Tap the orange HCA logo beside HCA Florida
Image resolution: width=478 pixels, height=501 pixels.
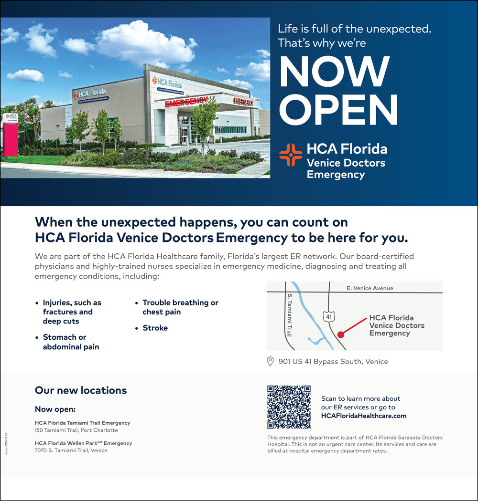tap(291, 155)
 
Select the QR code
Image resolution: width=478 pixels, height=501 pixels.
tap(289, 407)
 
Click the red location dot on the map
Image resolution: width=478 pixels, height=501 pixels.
tap(340, 335)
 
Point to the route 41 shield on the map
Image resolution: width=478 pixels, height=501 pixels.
tap(329, 316)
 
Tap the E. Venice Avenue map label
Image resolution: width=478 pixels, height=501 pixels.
tap(369, 288)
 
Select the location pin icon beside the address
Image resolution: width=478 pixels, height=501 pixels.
tap(270, 361)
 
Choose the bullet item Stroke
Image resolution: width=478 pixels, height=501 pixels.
tap(155, 328)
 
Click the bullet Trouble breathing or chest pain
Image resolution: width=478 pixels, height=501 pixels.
tap(180, 307)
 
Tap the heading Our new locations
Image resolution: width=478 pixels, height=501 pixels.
tap(81, 390)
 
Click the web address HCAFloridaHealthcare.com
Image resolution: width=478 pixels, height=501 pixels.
tap(364, 416)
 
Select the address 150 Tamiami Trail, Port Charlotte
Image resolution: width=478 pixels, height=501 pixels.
tap(76, 430)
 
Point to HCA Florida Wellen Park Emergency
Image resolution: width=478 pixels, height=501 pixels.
tap(83, 443)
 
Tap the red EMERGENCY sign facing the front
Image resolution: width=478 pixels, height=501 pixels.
tap(186, 102)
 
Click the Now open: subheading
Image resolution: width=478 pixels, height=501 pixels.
tap(55, 409)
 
